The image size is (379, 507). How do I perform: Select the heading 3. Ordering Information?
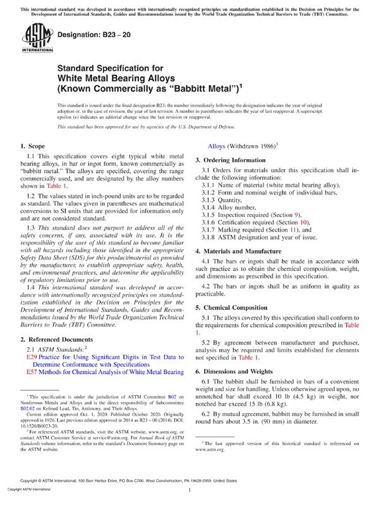238,160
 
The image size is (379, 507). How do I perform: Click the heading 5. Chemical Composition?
239,307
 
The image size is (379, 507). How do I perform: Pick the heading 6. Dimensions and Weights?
243,372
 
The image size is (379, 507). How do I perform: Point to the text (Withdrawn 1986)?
248,146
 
